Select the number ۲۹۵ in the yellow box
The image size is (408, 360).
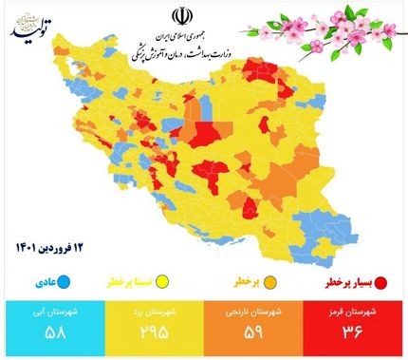tap(153, 333)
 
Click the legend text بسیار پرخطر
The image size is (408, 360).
tap(346, 282)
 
